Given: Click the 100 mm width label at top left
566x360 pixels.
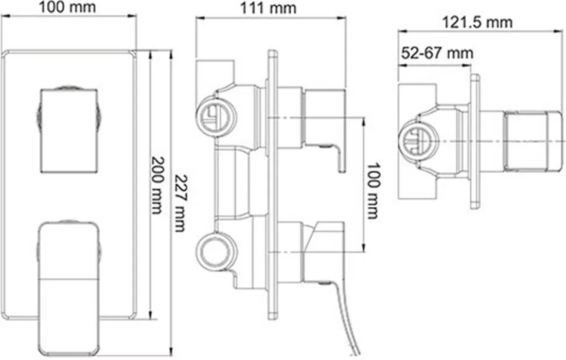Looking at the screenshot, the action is click(x=68, y=7).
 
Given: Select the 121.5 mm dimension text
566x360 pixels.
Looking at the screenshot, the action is click(x=477, y=22).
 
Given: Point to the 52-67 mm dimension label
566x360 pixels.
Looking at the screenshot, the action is click(x=437, y=53).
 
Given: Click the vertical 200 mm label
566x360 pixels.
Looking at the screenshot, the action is click(x=157, y=185).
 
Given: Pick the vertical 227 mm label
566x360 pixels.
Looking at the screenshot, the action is click(x=181, y=203).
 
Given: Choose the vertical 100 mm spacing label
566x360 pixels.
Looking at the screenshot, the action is click(x=373, y=190).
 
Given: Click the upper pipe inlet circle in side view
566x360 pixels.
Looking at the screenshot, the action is click(x=216, y=117).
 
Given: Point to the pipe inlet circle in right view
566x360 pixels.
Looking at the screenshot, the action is click(x=418, y=141).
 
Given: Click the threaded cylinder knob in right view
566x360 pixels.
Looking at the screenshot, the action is click(x=533, y=141).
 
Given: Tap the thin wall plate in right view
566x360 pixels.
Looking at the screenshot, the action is click(x=475, y=141).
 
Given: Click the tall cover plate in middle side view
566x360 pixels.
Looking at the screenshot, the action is click(x=273, y=184).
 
